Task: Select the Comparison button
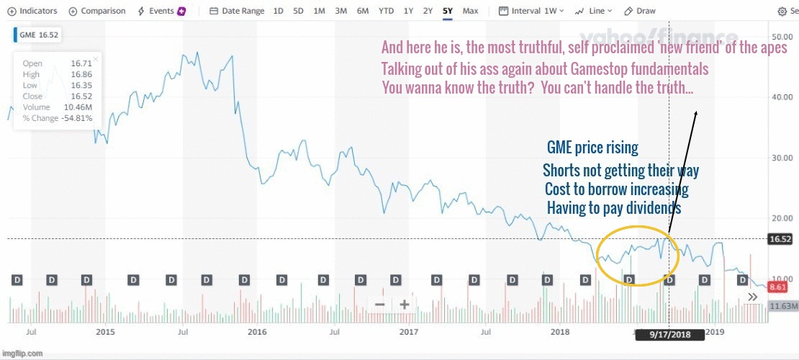point(97,12)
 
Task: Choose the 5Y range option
point(448,12)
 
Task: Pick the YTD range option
point(386,12)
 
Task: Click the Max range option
point(470,12)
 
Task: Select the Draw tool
point(640,12)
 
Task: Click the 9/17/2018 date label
point(669,335)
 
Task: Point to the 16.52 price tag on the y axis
point(780,239)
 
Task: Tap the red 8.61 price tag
point(777,287)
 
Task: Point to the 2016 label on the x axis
point(257,332)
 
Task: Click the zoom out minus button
point(379,305)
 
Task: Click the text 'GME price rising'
point(592,148)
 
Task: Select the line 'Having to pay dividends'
point(613,208)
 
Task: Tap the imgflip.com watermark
point(22,354)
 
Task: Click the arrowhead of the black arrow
point(695,114)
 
